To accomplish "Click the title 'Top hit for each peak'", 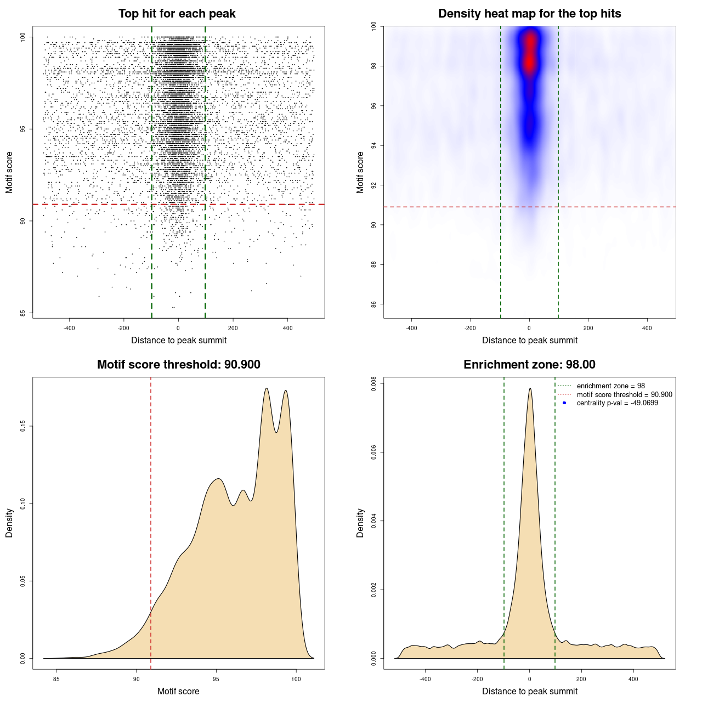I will tap(177, 14).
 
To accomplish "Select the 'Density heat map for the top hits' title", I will tap(529, 14).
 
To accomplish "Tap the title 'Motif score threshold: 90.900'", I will tap(178, 365).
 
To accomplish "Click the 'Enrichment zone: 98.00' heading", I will tap(529, 365).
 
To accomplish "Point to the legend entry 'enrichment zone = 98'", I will tap(610, 386).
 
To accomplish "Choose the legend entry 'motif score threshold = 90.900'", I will tap(624, 395).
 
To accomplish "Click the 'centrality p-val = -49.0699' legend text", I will tap(617, 403).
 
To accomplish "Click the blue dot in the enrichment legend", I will tap(564, 403).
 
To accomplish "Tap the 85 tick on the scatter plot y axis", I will tap(22, 313).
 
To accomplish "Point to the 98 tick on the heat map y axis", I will tap(373, 66).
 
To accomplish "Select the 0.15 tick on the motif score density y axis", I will tap(22, 426).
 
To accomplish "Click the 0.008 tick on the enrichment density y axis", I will tap(373, 384).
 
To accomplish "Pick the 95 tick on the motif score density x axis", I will tap(216, 679).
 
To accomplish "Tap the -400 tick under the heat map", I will tap(411, 328).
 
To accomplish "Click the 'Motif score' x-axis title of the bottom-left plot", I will tap(178, 691).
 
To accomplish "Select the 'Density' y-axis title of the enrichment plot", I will tap(360, 523).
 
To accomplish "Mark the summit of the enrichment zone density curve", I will tap(530, 388).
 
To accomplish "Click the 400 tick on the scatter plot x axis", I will tap(287, 328).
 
